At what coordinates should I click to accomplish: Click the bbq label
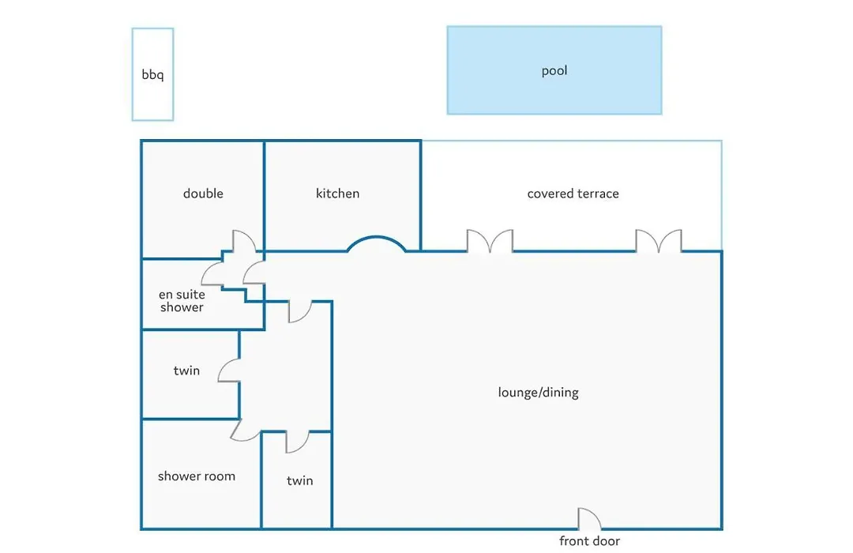[x=152, y=74]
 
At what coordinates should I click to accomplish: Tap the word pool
[x=554, y=71]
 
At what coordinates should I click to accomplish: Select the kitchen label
[x=337, y=194]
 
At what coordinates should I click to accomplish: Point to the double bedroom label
[x=203, y=194]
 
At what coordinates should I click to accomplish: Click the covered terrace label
[x=573, y=194]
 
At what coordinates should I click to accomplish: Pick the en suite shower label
[x=182, y=300]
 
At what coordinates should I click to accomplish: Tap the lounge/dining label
[x=538, y=393]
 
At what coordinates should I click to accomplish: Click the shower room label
[x=197, y=476]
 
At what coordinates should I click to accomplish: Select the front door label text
[x=589, y=540]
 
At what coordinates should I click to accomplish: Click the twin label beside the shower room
[x=300, y=480]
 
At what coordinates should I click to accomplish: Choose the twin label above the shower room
[x=186, y=371]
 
